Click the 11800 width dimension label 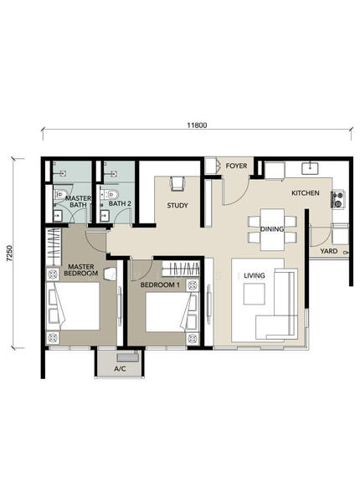tap(197, 125)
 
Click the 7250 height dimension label tap(9, 254)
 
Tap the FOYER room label tap(236, 166)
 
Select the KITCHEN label tap(306, 193)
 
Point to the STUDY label tap(177, 206)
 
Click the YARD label tap(329, 251)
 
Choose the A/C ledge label tap(120, 369)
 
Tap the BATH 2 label tap(120, 203)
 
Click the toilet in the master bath tap(60, 194)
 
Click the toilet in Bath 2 tap(109, 194)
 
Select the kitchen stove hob tap(337, 199)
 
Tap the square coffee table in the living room tap(254, 294)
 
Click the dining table tap(272, 229)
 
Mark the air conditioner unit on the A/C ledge tap(128, 357)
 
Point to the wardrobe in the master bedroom tap(54, 247)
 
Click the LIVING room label tap(255, 275)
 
